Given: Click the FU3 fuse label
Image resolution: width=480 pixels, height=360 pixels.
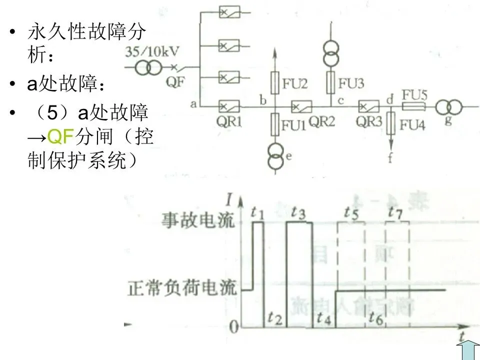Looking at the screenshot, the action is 351,83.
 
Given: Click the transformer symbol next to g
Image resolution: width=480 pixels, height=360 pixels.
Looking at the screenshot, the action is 448,106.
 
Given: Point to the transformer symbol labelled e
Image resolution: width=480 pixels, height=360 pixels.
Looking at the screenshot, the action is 274,156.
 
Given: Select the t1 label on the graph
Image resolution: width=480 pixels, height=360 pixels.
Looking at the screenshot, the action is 257,213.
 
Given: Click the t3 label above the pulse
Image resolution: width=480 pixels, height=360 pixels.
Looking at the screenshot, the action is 298,213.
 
